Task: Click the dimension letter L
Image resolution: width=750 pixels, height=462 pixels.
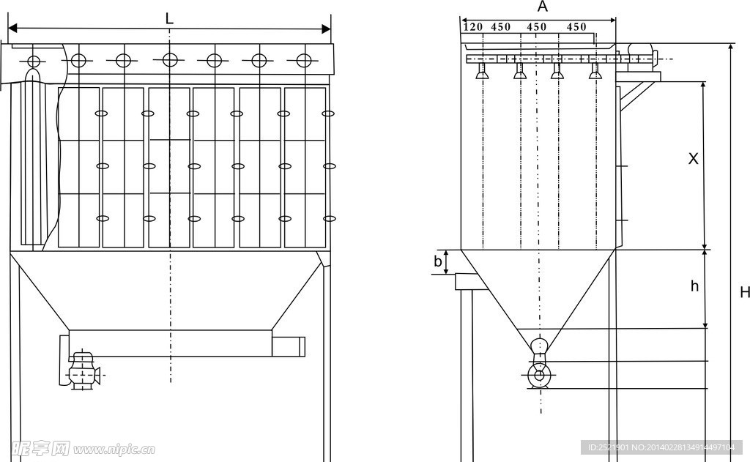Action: pyautogui.click(x=169, y=18)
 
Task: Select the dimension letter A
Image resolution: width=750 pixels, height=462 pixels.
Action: pyautogui.click(x=543, y=7)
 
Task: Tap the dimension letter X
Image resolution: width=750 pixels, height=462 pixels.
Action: pyautogui.click(x=693, y=158)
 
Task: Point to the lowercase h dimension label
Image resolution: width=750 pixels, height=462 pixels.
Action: pyautogui.click(x=694, y=286)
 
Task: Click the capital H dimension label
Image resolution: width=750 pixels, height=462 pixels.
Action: pyautogui.click(x=744, y=293)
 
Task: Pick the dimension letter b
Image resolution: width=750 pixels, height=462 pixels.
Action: pyautogui.click(x=437, y=261)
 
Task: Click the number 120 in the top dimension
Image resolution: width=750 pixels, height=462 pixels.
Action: pyautogui.click(x=474, y=27)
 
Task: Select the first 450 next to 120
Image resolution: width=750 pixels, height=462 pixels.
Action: pyautogui.click(x=501, y=27)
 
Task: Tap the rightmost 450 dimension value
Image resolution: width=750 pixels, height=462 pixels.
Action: pyautogui.click(x=576, y=27)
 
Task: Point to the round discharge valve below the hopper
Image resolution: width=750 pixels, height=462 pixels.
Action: pyautogui.click(x=540, y=376)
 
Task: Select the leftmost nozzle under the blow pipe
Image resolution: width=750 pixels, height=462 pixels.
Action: pyautogui.click(x=483, y=71)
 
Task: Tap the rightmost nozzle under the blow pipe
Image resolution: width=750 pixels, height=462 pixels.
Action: pyautogui.click(x=595, y=72)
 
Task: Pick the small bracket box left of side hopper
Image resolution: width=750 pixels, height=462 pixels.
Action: pyautogui.click(x=466, y=280)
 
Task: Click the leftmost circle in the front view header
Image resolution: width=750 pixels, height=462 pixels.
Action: pyautogui.click(x=33, y=61)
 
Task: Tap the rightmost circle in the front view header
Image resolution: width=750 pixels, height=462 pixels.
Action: pyautogui.click(x=303, y=61)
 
